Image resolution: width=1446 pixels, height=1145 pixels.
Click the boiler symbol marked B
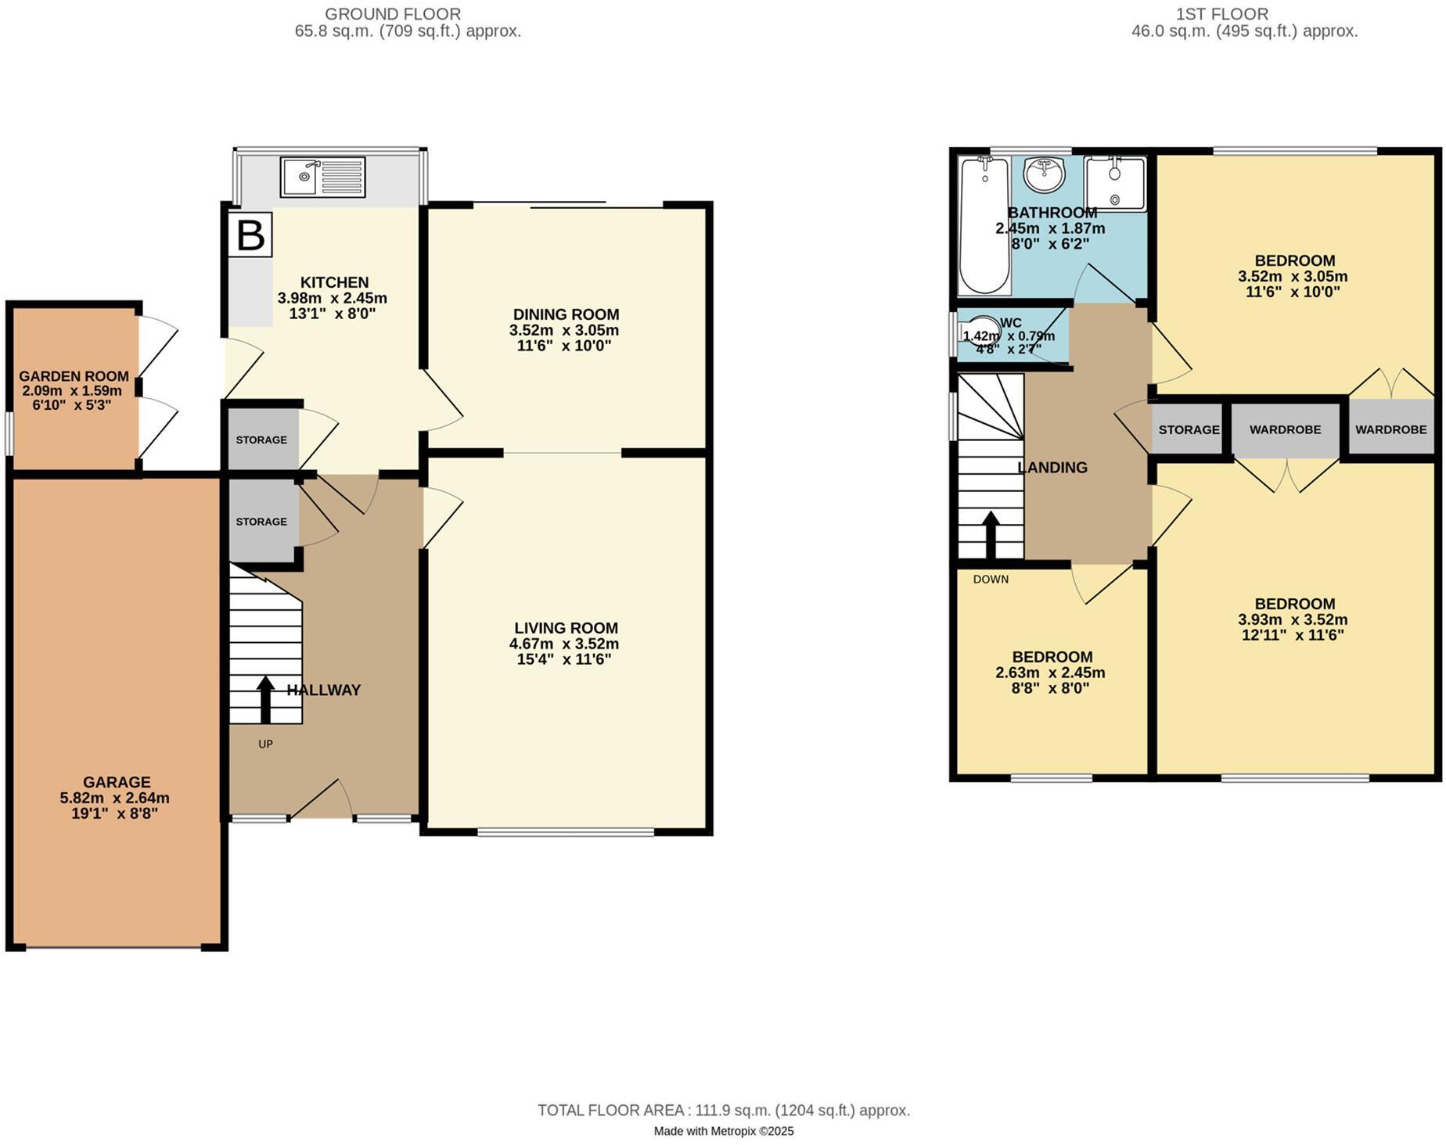tap(250, 235)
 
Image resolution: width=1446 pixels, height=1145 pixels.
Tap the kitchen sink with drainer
tap(322, 178)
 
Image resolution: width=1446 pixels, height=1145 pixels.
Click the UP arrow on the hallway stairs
tap(265, 699)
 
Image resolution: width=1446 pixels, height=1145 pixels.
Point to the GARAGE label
tap(117, 782)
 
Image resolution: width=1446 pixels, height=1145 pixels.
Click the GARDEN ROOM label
tap(74, 376)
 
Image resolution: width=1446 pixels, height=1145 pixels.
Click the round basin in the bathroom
tap(1045, 175)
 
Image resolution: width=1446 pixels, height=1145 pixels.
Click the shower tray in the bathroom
tap(1115, 183)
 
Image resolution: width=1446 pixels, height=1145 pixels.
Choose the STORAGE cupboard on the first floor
tap(1188, 429)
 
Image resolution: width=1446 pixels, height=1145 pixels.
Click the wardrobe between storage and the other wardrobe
tap(1285, 429)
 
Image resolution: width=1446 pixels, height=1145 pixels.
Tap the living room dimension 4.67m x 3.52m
tap(564, 644)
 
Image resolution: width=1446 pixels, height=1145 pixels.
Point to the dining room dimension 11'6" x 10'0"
tap(564, 346)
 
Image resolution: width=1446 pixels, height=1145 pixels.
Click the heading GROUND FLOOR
tap(393, 14)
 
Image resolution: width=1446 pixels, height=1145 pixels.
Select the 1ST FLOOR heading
tap(1243, 14)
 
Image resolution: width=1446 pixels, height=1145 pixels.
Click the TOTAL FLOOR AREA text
tap(723, 1111)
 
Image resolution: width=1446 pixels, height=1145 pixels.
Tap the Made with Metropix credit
tap(723, 1131)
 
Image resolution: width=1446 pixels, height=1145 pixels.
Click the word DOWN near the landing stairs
tap(991, 580)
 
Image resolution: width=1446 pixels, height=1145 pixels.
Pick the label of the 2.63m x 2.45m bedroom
tap(1052, 657)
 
